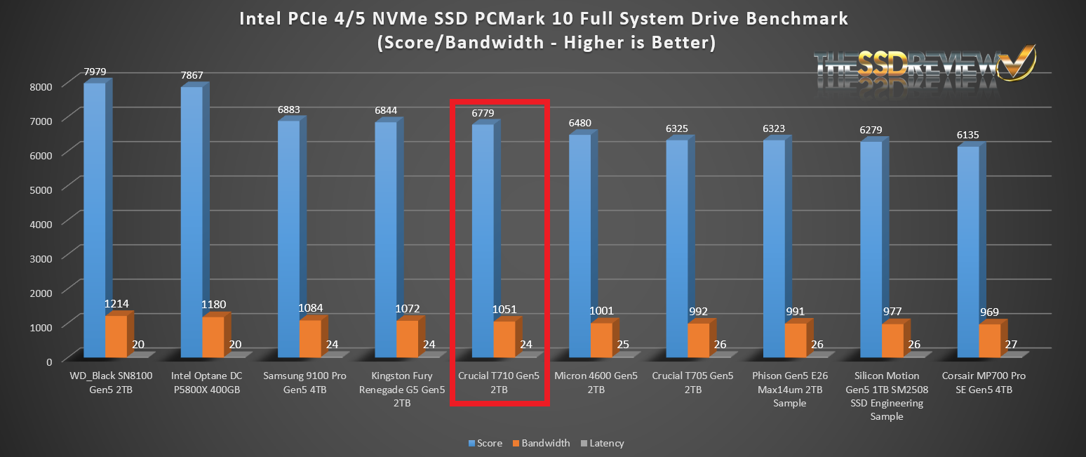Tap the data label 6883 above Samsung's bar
(x=288, y=110)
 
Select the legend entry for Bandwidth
(x=543, y=443)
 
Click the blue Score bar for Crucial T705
(x=676, y=246)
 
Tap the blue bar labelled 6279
(x=871, y=246)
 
